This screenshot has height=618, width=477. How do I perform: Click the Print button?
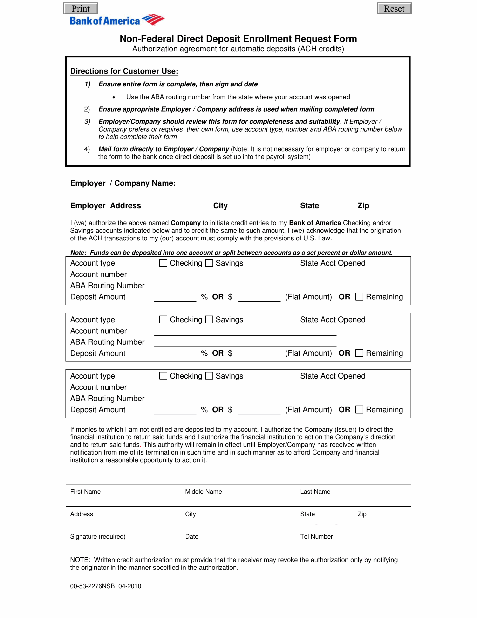pyautogui.click(x=81, y=8)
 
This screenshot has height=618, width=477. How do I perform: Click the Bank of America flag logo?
pyautogui.click(x=153, y=20)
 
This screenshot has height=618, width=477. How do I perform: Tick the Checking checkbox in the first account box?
pyautogui.click(x=163, y=263)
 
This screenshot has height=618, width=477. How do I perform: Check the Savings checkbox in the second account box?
pyautogui.click(x=209, y=319)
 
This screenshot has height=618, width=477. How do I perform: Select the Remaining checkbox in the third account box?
pyautogui.click(x=359, y=409)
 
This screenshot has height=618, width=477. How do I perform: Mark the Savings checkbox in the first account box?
pyautogui.click(x=209, y=263)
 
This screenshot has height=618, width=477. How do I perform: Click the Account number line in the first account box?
pyautogui.click(x=245, y=276)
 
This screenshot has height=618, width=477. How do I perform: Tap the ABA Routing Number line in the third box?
pyautogui.click(x=245, y=400)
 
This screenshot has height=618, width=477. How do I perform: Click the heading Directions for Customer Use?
pyautogui.click(x=124, y=71)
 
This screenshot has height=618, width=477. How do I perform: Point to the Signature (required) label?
pyautogui.click(x=98, y=536)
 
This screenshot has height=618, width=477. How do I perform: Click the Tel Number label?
pyautogui.click(x=316, y=536)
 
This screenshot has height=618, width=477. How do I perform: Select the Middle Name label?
pyautogui.click(x=203, y=492)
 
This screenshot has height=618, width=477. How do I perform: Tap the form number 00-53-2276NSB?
pyautogui.click(x=92, y=586)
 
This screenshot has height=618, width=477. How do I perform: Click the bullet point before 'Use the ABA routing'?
pyautogui.click(x=114, y=98)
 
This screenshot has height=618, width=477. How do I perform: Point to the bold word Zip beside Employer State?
pyautogui.click(x=363, y=205)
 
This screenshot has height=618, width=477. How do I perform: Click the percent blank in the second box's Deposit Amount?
pyautogui.click(x=175, y=355)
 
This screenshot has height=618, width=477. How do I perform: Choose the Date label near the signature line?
pyautogui.click(x=192, y=536)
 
